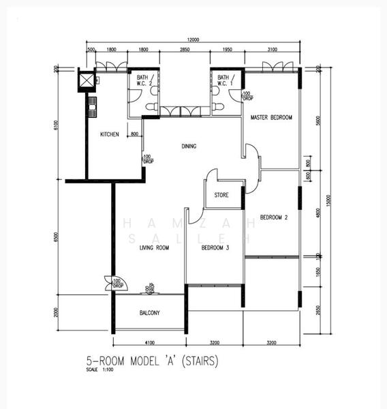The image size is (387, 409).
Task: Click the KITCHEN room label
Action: [110, 134]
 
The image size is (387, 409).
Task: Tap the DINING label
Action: [189, 146]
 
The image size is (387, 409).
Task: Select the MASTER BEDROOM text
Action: [271, 118]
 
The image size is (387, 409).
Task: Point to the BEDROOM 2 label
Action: [274, 217]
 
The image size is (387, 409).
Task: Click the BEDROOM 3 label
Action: [215, 248]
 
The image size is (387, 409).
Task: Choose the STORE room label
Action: [221, 195]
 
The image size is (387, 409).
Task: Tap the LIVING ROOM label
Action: [154, 248]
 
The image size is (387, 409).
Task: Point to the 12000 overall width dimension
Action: [193, 40]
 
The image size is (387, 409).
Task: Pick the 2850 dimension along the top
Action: [185, 50]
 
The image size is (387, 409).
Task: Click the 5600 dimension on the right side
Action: [318, 120]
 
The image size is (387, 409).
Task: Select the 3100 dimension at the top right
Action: [272, 50]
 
